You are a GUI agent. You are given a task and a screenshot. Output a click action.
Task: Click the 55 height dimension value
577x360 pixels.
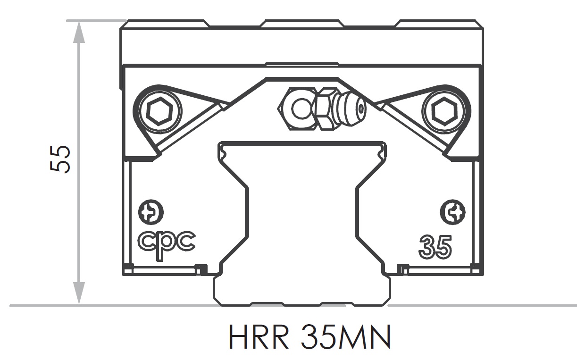[x=60, y=159]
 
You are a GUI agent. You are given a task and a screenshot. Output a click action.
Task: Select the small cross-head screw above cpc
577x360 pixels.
[x=151, y=213]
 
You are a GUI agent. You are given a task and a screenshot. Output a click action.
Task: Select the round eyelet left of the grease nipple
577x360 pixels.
[x=301, y=110]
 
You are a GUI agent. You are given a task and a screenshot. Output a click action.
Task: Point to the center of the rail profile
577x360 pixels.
[x=302, y=212]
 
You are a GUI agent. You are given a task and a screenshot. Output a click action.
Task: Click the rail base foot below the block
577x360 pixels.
[x=302, y=290]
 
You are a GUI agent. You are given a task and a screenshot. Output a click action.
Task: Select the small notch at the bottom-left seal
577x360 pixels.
[x=201, y=269]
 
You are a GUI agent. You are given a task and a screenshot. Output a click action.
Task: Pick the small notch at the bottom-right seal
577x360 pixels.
[x=402, y=269]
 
